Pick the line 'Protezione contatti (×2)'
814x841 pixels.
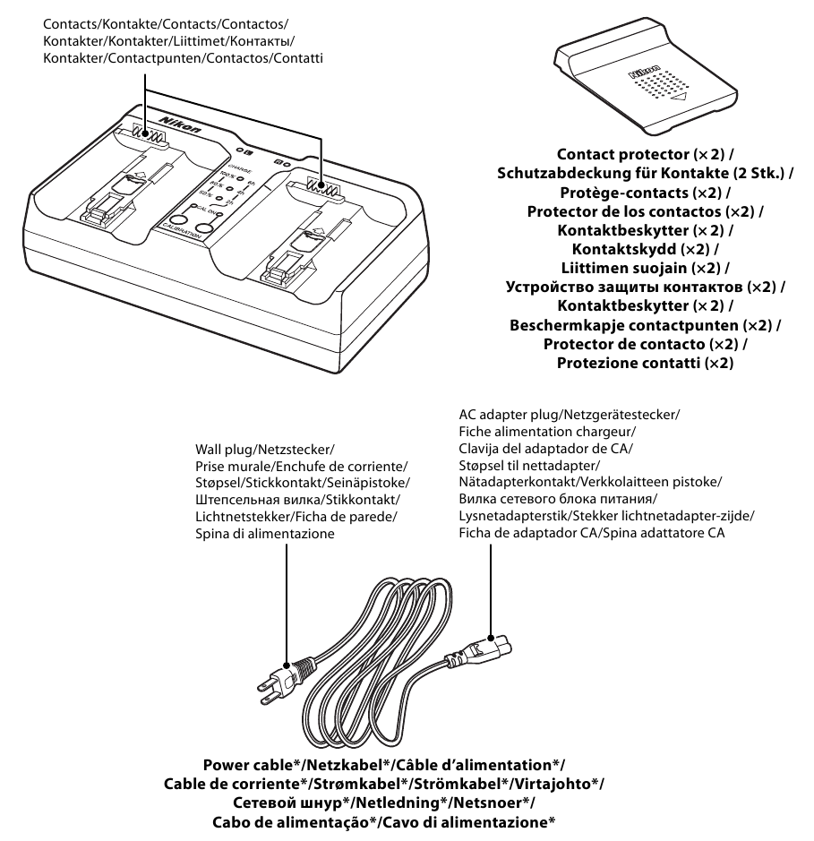pyautogui.click(x=639, y=362)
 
